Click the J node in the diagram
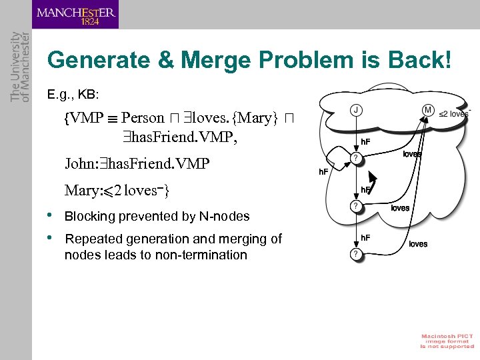click(357, 110)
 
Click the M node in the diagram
click(428, 110)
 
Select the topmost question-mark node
click(357, 157)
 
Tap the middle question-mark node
click(357, 207)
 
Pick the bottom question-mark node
click(357, 254)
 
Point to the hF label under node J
click(365, 141)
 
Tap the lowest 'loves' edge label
click(418, 244)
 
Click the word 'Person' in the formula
click(142, 118)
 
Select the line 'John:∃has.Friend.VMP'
click(137, 163)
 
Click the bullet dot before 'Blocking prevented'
click(51, 215)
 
